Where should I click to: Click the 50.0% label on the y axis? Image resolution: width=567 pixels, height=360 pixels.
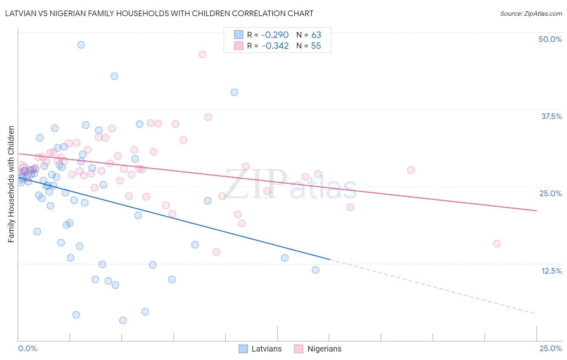pyautogui.click(x=550, y=39)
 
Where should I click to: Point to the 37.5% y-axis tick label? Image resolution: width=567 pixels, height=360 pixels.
pyautogui.click(x=551, y=116)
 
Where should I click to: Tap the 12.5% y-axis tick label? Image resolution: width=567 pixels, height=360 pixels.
pyautogui.click(x=551, y=271)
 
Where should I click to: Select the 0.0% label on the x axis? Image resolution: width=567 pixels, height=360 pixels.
pyautogui.click(x=27, y=348)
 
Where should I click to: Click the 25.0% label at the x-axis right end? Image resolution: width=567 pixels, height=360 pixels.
pyautogui.click(x=550, y=348)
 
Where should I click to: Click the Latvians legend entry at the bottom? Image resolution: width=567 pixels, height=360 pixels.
pyautogui.click(x=260, y=349)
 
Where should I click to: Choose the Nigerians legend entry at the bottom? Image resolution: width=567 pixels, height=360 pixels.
pyautogui.click(x=318, y=349)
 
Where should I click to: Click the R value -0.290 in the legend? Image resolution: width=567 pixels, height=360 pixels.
pyautogui.click(x=275, y=35)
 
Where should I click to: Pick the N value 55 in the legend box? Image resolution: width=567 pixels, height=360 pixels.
pyautogui.click(x=316, y=46)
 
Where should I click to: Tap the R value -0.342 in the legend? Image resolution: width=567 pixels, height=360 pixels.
pyautogui.click(x=275, y=46)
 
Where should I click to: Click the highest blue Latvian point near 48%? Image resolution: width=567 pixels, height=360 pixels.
pyautogui.click(x=81, y=45)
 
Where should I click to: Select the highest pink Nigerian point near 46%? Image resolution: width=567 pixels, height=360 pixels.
pyautogui.click(x=202, y=54)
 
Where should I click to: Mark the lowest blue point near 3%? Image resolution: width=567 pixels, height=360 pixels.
pyautogui.click(x=123, y=320)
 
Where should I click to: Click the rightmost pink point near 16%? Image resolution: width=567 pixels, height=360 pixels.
pyautogui.click(x=497, y=244)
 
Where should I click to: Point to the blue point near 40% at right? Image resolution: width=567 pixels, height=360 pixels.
pyautogui.click(x=234, y=92)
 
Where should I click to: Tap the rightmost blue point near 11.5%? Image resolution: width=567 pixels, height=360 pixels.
pyautogui.click(x=315, y=270)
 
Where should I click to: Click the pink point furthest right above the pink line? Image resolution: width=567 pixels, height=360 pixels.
pyautogui.click(x=411, y=170)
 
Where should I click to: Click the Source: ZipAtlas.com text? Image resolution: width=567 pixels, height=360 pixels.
pyautogui.click(x=531, y=14)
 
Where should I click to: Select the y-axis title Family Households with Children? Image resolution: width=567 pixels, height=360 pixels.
pyautogui.click(x=11, y=184)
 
